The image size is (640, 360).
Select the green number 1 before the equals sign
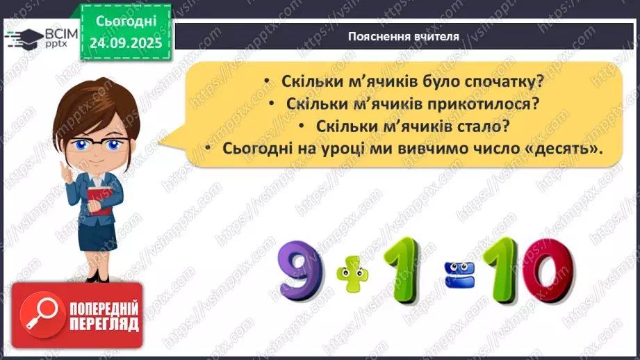click(x=392, y=268)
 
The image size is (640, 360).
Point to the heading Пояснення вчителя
click(x=403, y=37)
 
